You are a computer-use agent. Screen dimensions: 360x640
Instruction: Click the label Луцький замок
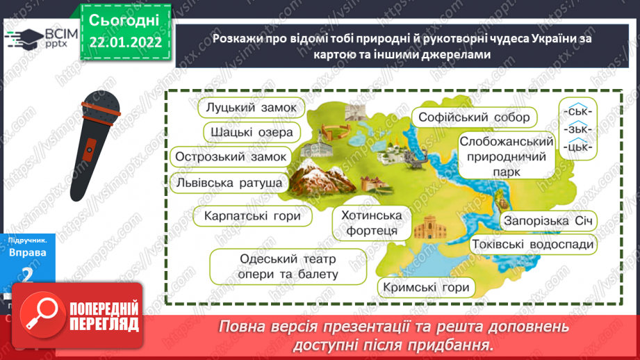251,108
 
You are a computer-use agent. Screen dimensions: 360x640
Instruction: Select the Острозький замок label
231,157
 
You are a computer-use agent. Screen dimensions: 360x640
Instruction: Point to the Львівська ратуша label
229,182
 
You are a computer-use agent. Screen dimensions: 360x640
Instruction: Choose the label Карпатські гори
252,217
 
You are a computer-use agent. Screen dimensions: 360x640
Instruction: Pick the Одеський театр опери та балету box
287,267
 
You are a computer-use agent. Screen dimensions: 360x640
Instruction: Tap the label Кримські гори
425,287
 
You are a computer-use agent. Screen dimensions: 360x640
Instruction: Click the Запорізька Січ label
549,222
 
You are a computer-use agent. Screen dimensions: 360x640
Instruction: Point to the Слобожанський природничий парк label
506,156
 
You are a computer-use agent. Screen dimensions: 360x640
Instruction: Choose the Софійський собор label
474,117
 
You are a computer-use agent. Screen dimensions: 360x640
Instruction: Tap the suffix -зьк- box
577,129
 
